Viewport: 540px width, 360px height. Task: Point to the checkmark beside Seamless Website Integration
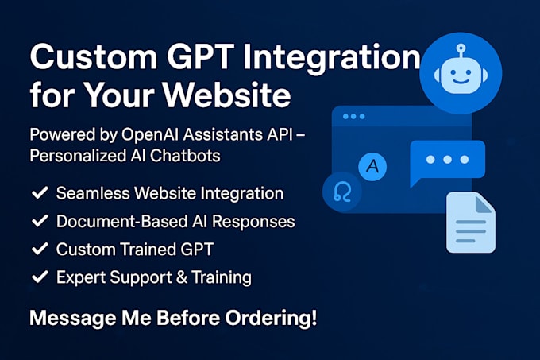pos(37,193)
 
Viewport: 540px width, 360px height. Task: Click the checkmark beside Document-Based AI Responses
pos(37,222)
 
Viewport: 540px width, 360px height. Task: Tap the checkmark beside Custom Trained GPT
pos(37,250)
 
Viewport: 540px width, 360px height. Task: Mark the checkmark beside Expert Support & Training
pos(37,277)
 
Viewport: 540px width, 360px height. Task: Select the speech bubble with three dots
pos(447,161)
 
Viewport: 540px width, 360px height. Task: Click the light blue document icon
pos(470,222)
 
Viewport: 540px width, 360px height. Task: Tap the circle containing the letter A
pos(370,167)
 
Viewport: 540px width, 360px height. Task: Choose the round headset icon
pos(342,193)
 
